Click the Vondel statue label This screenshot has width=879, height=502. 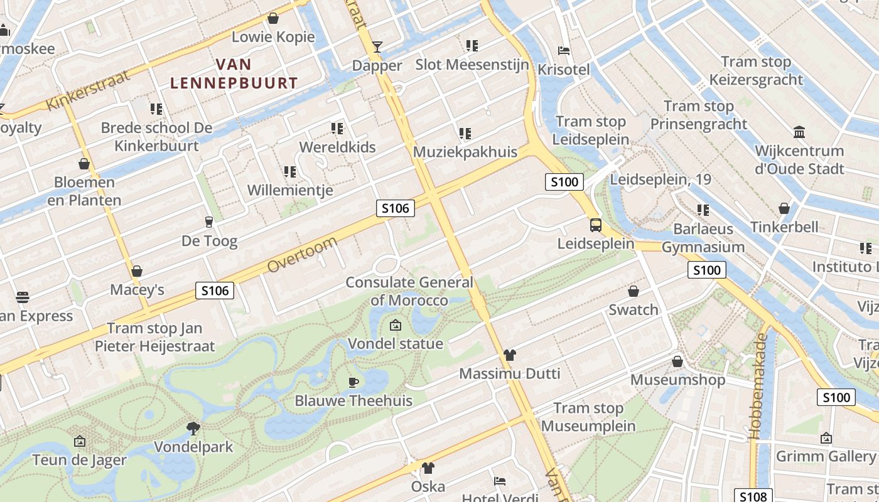tap(396, 343)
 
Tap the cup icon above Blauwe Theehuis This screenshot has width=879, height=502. tap(353, 382)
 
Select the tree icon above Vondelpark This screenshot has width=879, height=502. tap(193, 429)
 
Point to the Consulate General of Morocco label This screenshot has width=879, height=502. tap(409, 291)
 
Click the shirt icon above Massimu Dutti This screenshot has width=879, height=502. tap(509, 355)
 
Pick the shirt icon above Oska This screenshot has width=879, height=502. tap(428, 467)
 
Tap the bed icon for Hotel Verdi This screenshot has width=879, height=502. tap(500, 481)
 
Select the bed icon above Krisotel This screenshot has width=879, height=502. tap(564, 51)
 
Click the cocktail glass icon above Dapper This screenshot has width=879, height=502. tap(377, 46)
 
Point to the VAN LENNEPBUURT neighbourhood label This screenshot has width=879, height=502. tap(234, 73)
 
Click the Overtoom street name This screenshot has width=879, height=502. tap(303, 255)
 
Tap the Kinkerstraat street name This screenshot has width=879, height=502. tap(88, 90)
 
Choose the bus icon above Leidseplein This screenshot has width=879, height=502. tap(595, 225)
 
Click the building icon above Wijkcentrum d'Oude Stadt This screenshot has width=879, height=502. tap(799, 132)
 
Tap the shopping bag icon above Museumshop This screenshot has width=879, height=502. tap(677, 361)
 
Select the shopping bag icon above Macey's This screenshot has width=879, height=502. tap(137, 271)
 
